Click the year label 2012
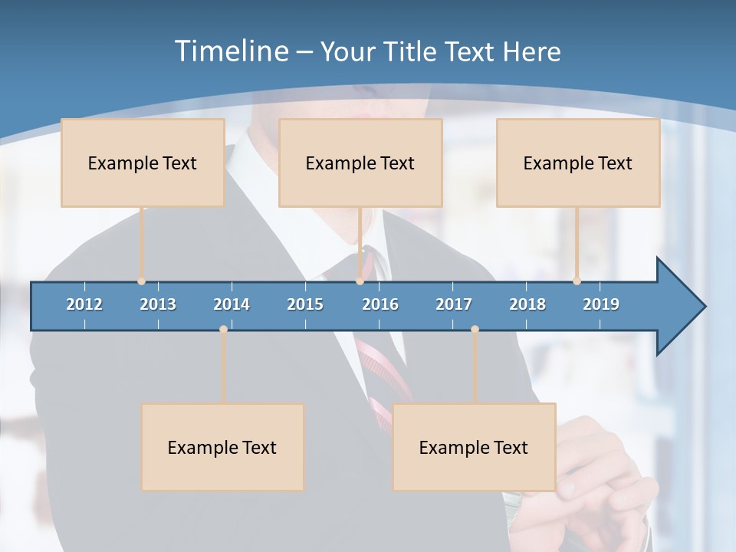(84, 304)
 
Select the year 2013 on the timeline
(158, 304)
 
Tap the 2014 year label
(232, 304)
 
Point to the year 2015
(305, 304)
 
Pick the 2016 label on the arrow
(380, 304)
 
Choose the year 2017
(454, 304)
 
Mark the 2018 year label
(527, 304)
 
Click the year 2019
(601, 304)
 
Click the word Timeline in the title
(230, 51)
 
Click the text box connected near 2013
(143, 163)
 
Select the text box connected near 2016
(360, 163)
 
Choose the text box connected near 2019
(578, 163)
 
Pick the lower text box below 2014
(222, 447)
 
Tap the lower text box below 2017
(474, 447)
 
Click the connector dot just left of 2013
(141, 281)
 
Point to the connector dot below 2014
(223, 330)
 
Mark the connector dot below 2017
(475, 330)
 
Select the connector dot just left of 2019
(577, 281)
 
